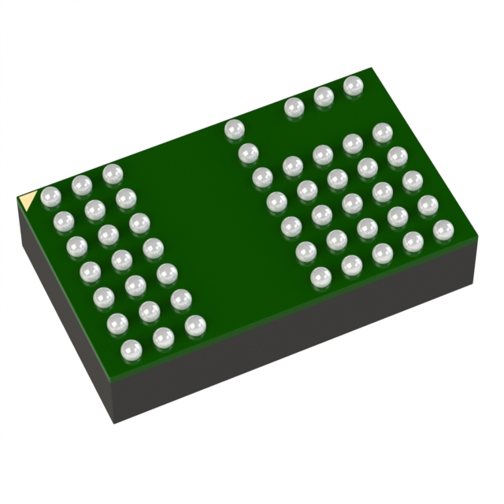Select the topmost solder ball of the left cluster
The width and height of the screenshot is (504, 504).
[x=111, y=172]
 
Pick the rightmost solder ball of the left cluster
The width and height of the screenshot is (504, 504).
[x=195, y=323]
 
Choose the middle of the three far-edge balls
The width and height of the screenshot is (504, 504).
[x=323, y=96]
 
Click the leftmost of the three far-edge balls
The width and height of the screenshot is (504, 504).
[x=294, y=106]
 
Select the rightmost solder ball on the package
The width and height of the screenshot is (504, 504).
[x=443, y=230]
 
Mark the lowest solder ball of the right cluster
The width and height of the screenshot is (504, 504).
[x=321, y=276]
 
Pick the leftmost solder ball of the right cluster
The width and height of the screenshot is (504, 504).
[x=233, y=128]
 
